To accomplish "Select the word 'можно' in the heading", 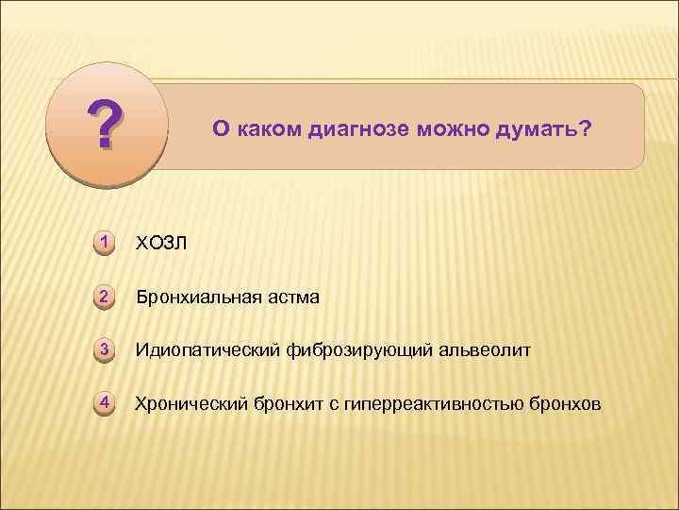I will coord(455,127).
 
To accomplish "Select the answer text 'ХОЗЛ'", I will coord(161,244).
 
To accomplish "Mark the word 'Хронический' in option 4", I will coord(190,405).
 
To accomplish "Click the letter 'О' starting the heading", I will coord(219,127).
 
